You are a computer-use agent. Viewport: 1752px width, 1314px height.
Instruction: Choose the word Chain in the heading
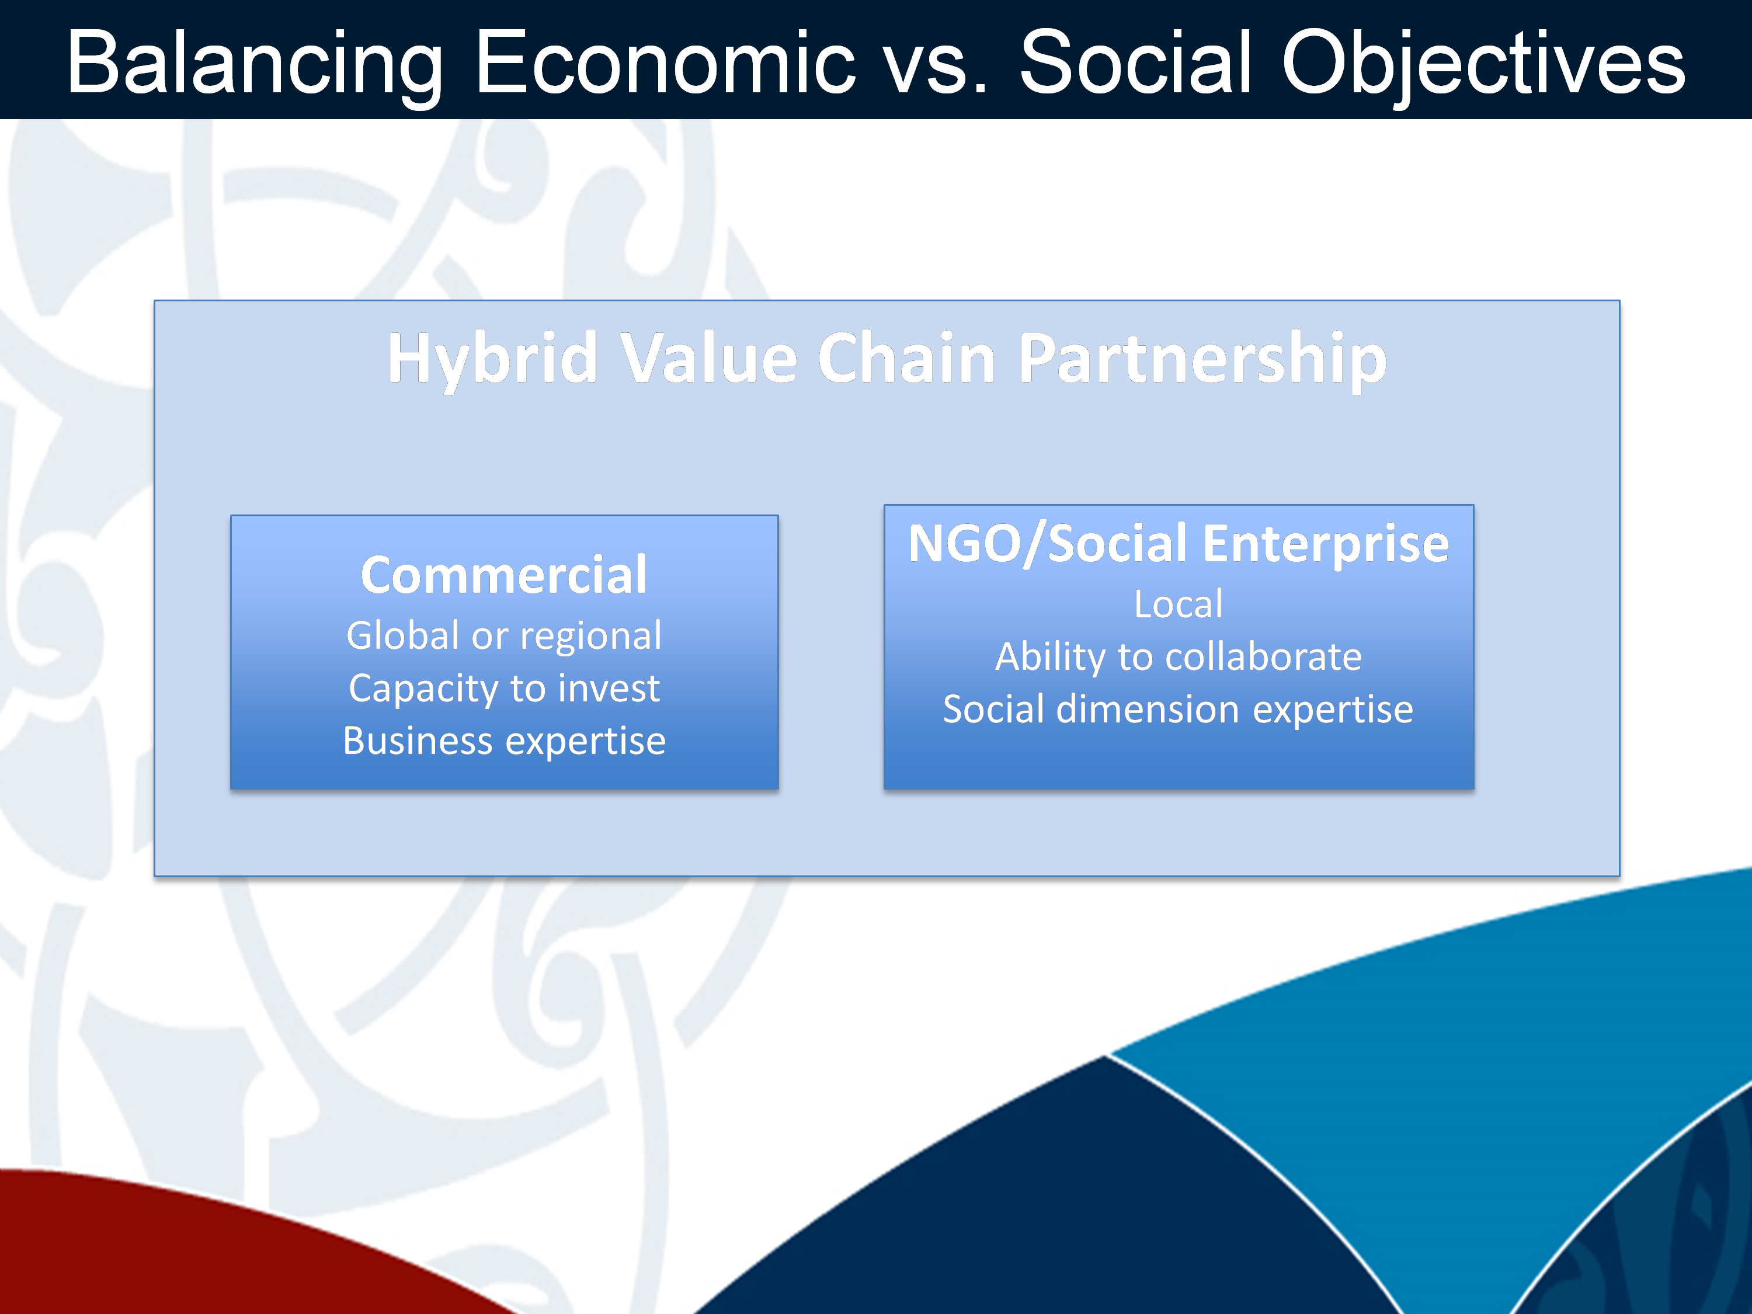click(x=906, y=358)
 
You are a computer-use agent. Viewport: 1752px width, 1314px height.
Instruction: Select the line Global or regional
click(x=504, y=636)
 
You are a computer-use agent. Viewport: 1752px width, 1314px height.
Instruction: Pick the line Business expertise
click(x=504, y=741)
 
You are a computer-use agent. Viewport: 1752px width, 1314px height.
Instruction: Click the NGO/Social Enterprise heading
click(x=1179, y=545)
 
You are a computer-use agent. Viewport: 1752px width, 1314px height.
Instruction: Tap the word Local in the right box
click(x=1179, y=604)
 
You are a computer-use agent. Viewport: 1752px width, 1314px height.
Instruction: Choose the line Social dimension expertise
click(x=1179, y=709)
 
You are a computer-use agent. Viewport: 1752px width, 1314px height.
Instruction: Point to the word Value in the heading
click(x=708, y=358)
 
